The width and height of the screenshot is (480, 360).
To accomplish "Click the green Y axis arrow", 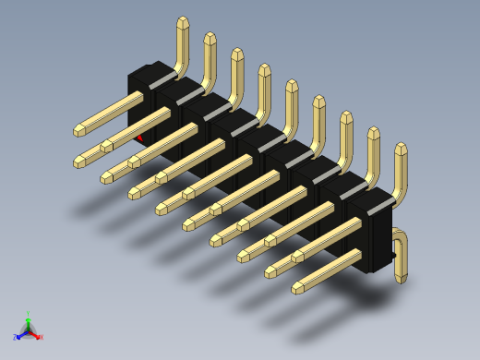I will tap(28, 317).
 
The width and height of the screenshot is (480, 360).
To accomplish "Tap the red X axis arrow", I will tap(39, 337).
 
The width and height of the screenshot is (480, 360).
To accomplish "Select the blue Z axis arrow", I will tap(17, 338).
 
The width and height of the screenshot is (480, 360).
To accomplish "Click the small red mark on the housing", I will tap(140, 138).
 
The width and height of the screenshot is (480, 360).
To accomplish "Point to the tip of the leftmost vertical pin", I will tap(183, 21).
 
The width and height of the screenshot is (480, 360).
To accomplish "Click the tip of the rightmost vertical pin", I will tap(401, 148).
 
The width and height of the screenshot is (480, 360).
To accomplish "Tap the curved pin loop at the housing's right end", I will tap(402, 253).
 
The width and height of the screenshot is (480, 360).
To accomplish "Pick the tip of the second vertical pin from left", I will tap(210, 38).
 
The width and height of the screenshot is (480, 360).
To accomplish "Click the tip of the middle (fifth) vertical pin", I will tap(292, 85).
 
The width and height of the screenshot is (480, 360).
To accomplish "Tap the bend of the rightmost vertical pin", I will tap(397, 194).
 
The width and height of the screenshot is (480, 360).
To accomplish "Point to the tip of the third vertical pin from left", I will tap(237, 54).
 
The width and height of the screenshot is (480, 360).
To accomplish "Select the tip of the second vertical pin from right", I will tap(373, 132).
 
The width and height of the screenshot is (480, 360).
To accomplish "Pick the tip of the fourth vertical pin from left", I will tap(265, 69).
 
